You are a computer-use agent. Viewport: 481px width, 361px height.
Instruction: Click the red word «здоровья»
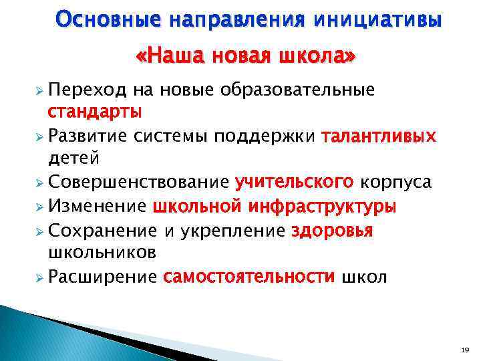click(x=332, y=231)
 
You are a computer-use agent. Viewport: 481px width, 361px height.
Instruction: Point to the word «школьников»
click(x=102, y=252)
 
